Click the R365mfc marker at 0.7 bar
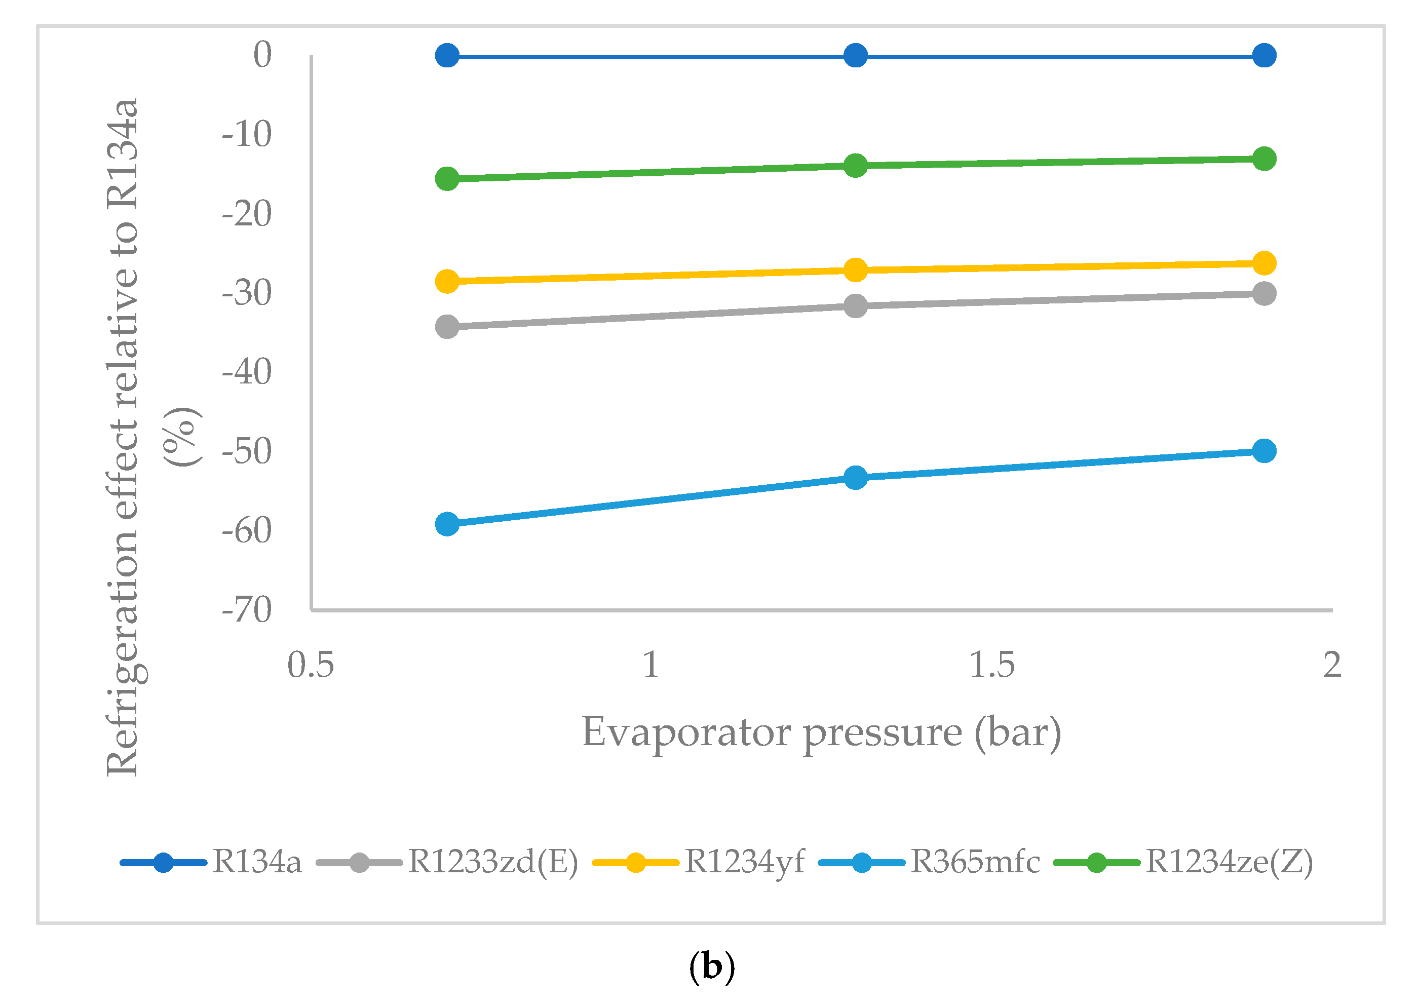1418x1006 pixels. [x=447, y=524]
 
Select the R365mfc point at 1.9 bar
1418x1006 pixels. [x=1264, y=450]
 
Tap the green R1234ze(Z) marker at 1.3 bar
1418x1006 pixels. [x=856, y=166]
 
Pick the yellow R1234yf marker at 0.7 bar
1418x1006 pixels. [x=447, y=281]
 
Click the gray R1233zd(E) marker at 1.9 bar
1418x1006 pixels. [x=1264, y=293]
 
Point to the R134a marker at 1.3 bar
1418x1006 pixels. [x=856, y=56]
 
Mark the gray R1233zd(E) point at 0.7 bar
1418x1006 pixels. [x=447, y=326]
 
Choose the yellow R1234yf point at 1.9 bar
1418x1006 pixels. [x=1264, y=263]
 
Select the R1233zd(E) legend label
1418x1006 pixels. [x=492, y=862]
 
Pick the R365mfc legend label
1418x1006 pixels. [x=974, y=862]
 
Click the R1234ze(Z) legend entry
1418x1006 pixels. [x=1229, y=862]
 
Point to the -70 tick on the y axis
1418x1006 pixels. [x=247, y=610]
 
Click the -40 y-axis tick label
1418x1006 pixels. [x=247, y=372]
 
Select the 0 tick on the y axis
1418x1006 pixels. [x=262, y=55]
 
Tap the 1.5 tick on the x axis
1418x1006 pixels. [x=992, y=665]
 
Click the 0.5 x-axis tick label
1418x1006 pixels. [x=311, y=665]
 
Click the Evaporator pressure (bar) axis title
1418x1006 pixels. [x=821, y=733]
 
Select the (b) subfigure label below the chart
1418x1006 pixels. [x=712, y=966]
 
